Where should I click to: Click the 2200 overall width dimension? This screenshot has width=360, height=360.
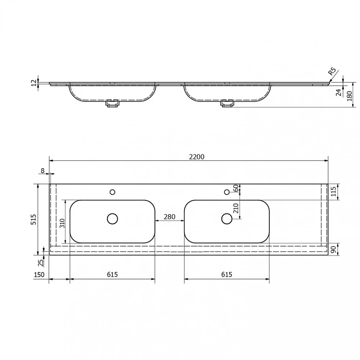(x=197, y=157)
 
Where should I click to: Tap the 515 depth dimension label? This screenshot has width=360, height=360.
(x=33, y=219)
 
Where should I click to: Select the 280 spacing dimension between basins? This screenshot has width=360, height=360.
(x=170, y=217)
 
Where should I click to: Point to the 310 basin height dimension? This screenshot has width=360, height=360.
(x=62, y=223)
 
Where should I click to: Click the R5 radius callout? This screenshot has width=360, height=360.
(x=332, y=71)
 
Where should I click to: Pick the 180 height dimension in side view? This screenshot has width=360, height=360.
(x=350, y=96)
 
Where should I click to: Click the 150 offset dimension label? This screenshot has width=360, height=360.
(x=39, y=275)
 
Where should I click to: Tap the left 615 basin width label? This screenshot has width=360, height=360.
(x=112, y=274)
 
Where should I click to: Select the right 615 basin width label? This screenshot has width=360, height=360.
(x=226, y=274)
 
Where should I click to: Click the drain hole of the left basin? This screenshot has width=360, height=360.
(x=112, y=219)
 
